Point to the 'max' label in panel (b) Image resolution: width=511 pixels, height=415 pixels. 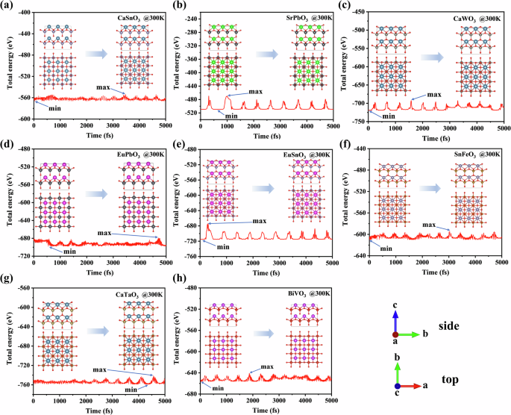pos(255,92)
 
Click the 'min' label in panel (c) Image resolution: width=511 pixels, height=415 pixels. pos(389,116)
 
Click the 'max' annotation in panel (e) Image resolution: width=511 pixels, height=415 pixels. pos(260,221)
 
